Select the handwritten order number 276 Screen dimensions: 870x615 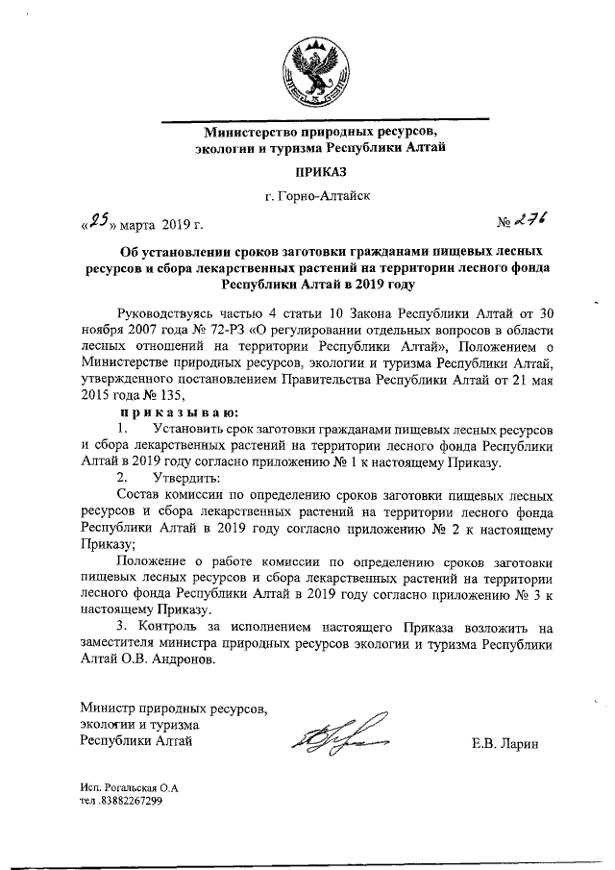[x=528, y=221]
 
